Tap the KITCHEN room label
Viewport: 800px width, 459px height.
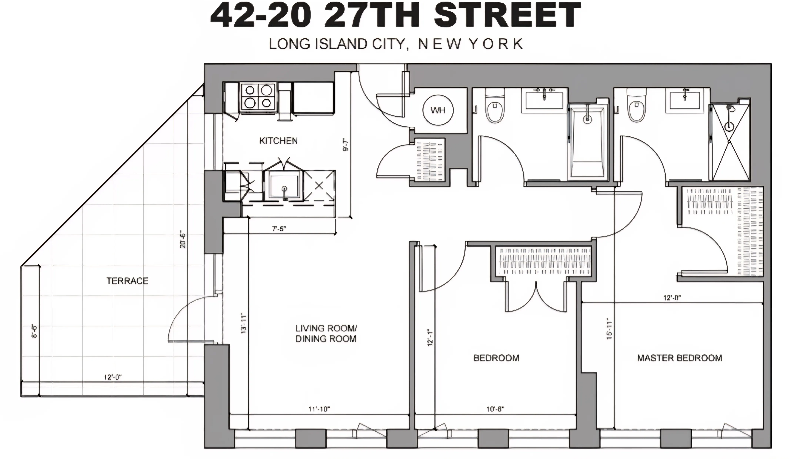click(x=278, y=141)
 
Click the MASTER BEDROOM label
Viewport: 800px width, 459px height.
click(x=679, y=358)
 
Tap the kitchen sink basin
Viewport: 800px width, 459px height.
click(x=284, y=187)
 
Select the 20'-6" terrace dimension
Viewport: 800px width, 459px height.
click(x=183, y=240)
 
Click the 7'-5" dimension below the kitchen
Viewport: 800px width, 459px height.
click(x=279, y=229)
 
